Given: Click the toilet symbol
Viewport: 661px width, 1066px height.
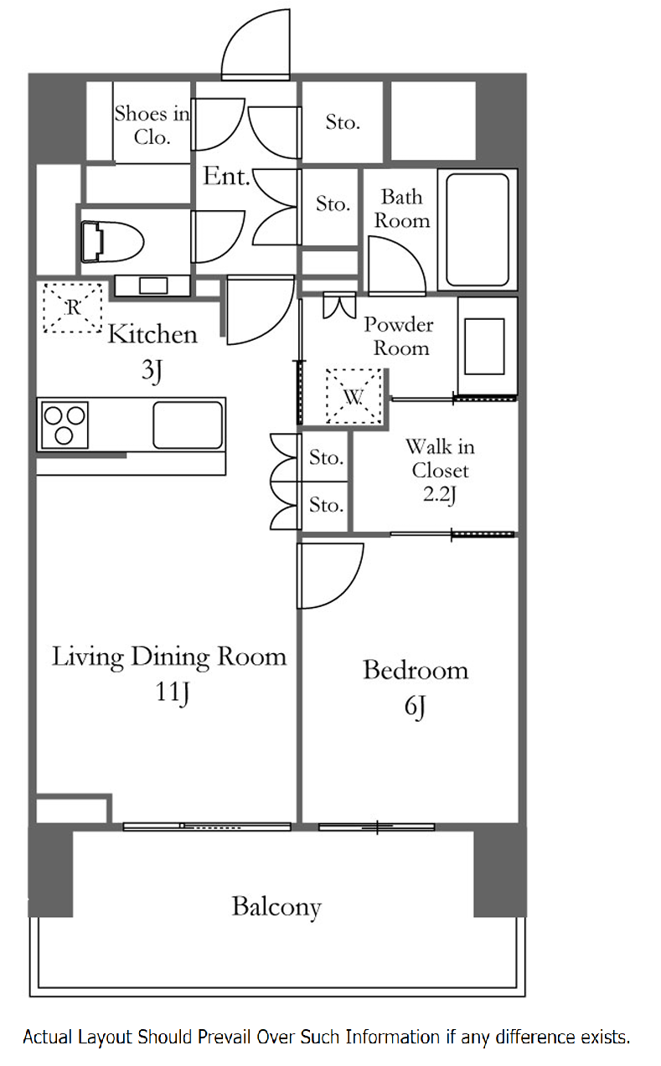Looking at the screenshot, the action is pos(112,241).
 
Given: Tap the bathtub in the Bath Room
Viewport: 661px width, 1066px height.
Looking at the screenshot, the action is pos(478,229).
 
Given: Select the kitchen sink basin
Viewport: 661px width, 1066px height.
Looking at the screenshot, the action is pos(188,425).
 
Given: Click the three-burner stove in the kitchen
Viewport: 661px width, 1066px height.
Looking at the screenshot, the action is pos(65,425).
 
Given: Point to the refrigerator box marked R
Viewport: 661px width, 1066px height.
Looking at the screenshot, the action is pos(73,307).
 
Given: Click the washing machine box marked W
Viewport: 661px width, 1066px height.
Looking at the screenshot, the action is pos(354,396).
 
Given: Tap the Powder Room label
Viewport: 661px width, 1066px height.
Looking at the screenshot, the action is pos(400,336).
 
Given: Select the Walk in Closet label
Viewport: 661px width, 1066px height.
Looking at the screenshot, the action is pos(440,458).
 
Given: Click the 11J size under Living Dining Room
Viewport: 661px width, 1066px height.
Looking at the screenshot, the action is pos(173,693).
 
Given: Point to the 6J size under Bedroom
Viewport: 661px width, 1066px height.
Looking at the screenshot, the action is pos(415,706).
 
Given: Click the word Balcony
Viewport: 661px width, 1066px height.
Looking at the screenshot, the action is pos(276,907).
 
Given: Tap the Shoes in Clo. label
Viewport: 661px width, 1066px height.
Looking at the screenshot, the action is pos(152,125).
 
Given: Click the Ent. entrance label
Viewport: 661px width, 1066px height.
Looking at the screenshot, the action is pos(226,176).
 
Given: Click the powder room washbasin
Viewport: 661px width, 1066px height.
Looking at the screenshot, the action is pos(484,346).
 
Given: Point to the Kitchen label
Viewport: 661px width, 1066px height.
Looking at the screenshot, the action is pos(152,335).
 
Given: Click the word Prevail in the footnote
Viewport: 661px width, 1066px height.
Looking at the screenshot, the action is pos(225,1037).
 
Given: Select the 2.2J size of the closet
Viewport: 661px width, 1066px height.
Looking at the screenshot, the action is pos(440,495).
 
